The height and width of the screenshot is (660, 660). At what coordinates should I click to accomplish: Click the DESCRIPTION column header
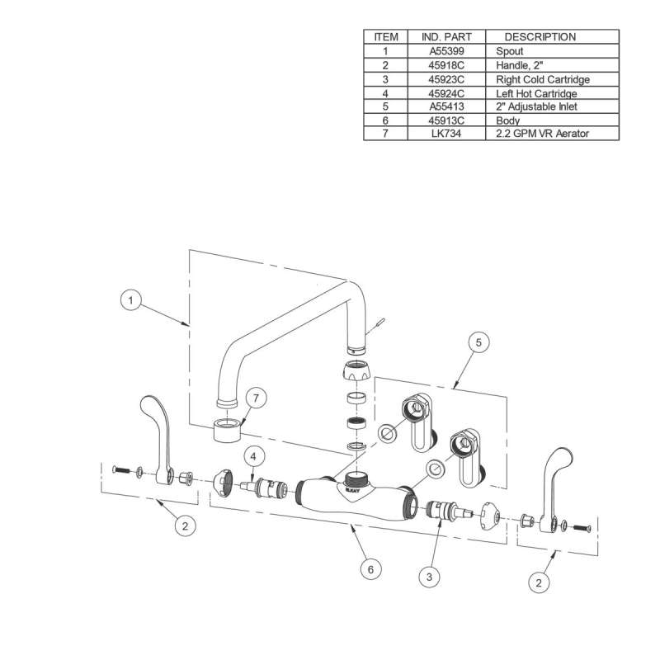[540, 37]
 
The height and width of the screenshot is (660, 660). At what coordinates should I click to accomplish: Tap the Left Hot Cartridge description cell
[536, 93]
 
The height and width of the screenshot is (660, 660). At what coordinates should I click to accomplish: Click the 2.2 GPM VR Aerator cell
[542, 133]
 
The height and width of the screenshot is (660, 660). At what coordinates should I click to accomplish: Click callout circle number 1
[129, 301]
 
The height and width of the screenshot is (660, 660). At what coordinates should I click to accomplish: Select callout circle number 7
[257, 398]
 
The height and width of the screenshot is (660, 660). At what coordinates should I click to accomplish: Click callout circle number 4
[253, 455]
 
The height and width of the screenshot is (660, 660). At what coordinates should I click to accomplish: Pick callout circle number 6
[371, 569]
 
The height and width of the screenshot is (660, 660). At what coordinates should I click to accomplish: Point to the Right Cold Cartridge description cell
[542, 79]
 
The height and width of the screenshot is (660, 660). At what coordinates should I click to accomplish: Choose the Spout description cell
[511, 51]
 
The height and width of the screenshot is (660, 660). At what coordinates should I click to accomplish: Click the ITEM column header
[385, 37]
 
